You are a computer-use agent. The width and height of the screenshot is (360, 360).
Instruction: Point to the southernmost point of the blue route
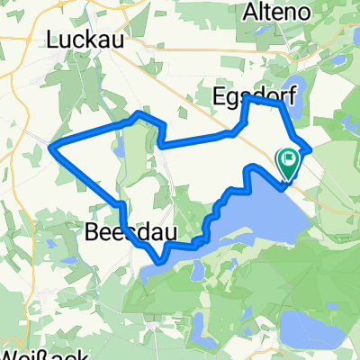pos(160,262)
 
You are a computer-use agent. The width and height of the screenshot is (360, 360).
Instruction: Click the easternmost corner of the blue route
pos(310,148)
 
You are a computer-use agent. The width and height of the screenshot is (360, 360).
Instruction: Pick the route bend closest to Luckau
pos(137,113)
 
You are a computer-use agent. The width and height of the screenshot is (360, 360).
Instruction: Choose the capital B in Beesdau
pos(93,233)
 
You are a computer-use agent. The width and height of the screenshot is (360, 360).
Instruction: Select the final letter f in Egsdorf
pos(282,96)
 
